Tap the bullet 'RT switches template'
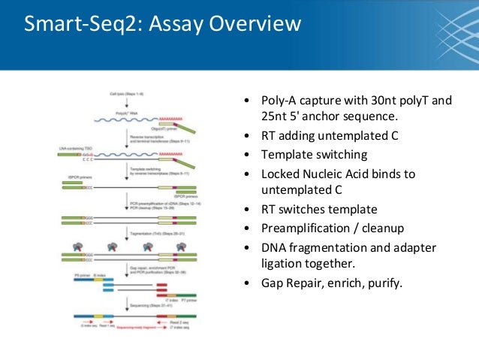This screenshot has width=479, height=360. (319, 209)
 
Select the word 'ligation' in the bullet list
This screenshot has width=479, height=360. (282, 264)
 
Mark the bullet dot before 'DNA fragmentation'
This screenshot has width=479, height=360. (248, 247)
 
